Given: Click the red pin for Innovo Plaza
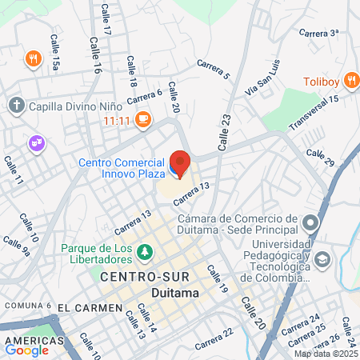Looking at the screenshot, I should (x=180, y=162).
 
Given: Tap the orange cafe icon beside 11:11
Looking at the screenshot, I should (x=143, y=120).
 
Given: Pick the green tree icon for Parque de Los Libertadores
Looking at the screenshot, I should (x=145, y=253).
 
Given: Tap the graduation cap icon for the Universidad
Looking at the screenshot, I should (x=322, y=259).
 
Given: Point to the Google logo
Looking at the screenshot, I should (x=26, y=350).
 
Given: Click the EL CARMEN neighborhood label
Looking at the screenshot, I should (x=90, y=307).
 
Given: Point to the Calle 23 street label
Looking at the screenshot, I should (x=225, y=131).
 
